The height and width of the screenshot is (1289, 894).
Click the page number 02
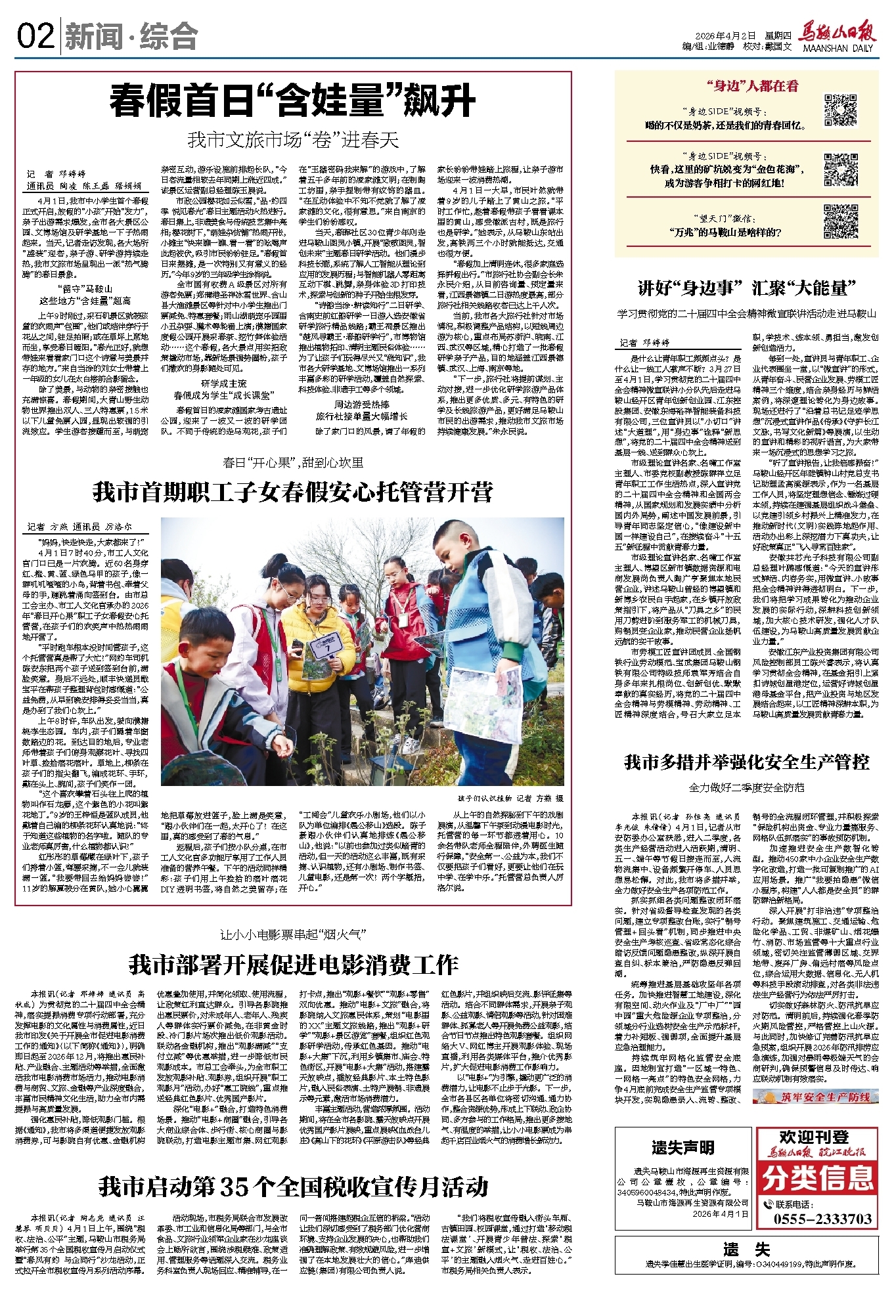[36, 36]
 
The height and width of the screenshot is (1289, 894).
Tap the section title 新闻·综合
[131, 37]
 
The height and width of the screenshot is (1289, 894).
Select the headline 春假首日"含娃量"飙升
[292, 100]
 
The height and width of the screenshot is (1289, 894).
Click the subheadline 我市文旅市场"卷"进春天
[293, 140]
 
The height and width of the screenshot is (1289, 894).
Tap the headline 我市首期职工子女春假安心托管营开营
[292, 492]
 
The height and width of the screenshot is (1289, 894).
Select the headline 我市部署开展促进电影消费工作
[293, 965]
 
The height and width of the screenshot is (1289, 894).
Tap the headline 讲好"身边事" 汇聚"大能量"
[747, 288]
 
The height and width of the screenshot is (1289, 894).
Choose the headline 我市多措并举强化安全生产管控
[747, 762]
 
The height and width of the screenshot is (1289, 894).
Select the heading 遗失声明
[682, 1147]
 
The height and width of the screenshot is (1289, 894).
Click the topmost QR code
[841, 110]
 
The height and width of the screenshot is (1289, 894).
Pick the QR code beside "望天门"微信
[841, 221]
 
